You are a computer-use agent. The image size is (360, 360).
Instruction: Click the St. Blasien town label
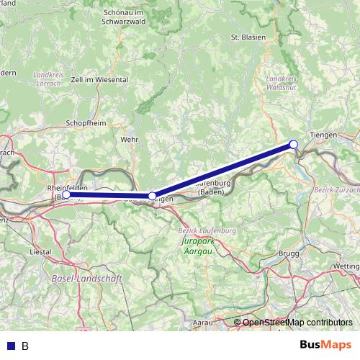pyautogui.click(x=248, y=37)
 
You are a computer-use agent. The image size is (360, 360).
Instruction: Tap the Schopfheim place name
pyautogui.click(x=86, y=123)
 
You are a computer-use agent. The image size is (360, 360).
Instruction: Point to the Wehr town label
pyautogui.click(x=130, y=139)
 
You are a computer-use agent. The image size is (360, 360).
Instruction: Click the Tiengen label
pyautogui.click(x=322, y=135)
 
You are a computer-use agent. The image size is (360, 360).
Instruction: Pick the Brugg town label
pyautogui.click(x=288, y=255)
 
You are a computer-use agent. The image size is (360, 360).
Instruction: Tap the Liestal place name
pyautogui.click(x=40, y=252)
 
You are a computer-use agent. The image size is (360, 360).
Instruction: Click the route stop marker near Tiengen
pyautogui.click(x=294, y=145)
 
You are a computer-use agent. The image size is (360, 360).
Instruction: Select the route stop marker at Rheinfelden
pyautogui.click(x=66, y=194)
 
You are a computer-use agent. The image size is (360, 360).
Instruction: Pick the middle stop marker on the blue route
pyautogui.click(x=152, y=196)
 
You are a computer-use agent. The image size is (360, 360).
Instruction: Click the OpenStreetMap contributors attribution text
pyautogui.click(x=297, y=323)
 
